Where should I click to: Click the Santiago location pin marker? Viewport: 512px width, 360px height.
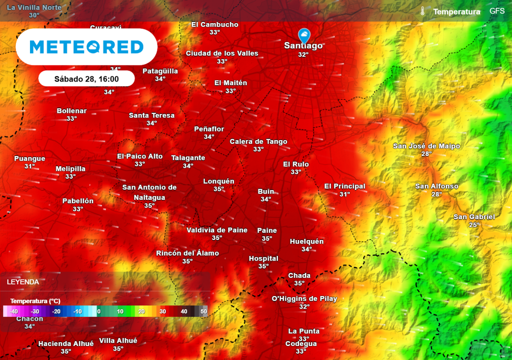[303, 35]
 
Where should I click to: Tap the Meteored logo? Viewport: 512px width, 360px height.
[86, 47]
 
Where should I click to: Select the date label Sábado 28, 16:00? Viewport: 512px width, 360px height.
[86, 79]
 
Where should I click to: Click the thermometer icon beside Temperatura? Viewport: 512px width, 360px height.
[422, 11]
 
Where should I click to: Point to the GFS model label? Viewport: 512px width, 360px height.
[497, 11]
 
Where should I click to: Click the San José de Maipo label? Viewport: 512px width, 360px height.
[426, 146]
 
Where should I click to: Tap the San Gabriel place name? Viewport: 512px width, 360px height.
[474, 217]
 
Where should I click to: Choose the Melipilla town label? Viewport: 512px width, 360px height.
[70, 169]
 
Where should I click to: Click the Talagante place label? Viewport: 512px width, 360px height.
[188, 158]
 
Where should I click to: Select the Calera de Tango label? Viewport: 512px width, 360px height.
[258, 141]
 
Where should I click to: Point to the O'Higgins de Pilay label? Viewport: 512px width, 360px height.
[304, 299]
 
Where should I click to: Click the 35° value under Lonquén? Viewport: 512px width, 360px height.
[218, 189]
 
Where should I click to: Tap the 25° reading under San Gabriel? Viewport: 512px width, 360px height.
[474, 225]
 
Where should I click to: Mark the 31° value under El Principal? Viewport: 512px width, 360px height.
[344, 194]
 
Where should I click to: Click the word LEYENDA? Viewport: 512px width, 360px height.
[23, 282]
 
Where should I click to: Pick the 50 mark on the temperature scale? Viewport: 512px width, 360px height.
[203, 311]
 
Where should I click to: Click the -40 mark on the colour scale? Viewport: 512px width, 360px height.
[13, 311]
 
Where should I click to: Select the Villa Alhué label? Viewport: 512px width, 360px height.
[118, 341]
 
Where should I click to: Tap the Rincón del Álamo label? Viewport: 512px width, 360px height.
[187, 253]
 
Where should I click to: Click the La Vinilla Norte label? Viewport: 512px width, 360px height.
[34, 7]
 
